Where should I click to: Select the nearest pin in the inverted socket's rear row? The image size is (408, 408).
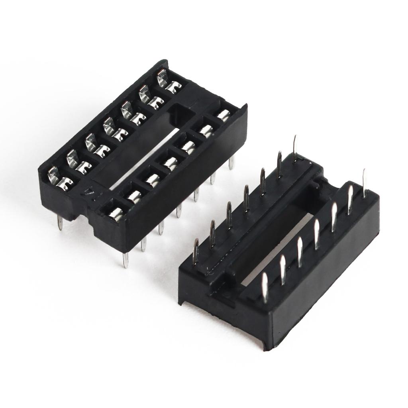[x=196, y=251]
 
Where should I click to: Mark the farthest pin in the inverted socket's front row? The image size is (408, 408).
[x=364, y=183]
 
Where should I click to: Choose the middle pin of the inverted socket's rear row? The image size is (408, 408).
[x=246, y=198]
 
